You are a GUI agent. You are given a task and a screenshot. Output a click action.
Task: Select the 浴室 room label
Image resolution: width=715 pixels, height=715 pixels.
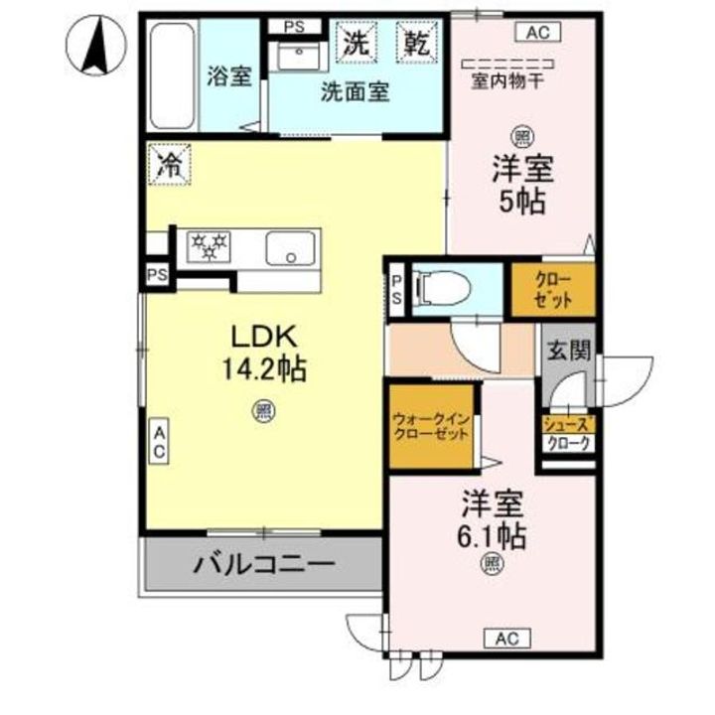pos(228,76)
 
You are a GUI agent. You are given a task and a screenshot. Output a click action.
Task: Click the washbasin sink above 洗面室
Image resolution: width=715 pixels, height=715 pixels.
pos(294,54)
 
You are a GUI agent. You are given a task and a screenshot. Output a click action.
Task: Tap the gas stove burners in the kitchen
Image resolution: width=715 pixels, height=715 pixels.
pos(210,245)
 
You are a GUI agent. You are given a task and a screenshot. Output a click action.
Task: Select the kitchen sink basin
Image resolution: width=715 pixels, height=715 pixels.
pos(291,247)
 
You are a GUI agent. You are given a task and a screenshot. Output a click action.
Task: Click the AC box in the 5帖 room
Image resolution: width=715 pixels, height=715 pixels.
pos(537,33)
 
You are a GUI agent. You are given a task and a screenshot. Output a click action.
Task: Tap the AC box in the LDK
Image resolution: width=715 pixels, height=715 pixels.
pos(159,441)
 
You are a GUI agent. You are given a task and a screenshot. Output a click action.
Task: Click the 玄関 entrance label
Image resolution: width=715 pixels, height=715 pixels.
pos(567,349)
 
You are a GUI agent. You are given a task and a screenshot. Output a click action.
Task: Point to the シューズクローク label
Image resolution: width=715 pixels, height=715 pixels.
pos(568,434)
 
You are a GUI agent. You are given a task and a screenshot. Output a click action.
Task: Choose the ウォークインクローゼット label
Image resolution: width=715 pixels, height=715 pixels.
pos(430,428)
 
